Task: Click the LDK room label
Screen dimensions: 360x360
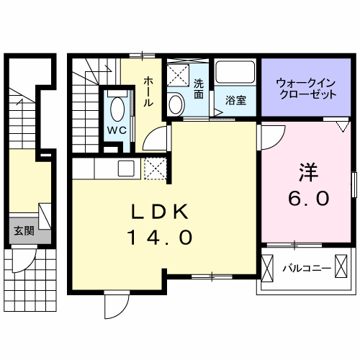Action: point(161,212)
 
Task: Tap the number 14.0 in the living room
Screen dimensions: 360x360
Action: point(161,237)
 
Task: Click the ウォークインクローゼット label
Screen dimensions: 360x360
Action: point(306,89)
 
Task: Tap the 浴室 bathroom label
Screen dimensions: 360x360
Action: point(235,100)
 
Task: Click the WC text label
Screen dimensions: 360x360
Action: point(117,130)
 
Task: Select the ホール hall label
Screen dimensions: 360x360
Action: point(148,91)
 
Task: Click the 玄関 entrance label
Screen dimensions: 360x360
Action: point(24,230)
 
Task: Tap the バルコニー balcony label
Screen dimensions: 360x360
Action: point(306,268)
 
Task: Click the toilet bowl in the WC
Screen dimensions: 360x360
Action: point(117,109)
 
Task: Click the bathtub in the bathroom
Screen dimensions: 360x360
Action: point(235,73)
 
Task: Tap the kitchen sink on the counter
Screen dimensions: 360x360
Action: point(126,169)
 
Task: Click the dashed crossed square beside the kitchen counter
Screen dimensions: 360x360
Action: point(155,169)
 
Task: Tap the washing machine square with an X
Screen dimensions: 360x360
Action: point(176,74)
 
